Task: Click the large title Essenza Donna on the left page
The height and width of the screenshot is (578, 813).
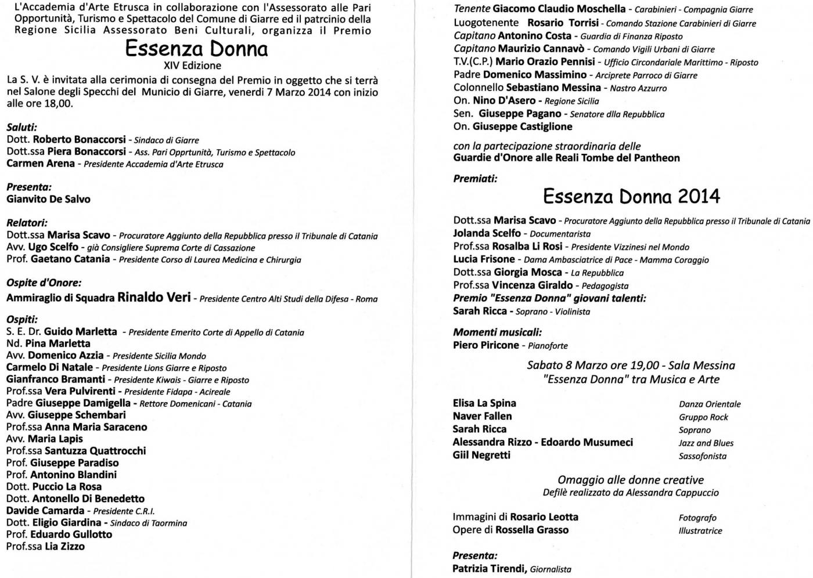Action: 196,49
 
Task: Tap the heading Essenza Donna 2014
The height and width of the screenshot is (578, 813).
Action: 631,197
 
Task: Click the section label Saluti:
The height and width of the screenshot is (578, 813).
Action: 21,127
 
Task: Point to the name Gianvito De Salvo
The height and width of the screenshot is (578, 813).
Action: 48,199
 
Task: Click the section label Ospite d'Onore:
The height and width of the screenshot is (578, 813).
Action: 44,283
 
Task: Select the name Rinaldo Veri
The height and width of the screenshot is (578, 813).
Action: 154,298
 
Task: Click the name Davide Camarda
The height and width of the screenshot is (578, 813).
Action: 45,511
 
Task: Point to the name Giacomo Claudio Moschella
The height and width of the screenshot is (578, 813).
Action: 559,9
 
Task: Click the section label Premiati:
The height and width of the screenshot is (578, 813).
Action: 475,179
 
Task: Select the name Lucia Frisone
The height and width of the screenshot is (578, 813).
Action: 484,259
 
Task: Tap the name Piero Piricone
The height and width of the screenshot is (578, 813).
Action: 485,345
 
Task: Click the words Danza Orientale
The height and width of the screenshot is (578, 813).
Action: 710,404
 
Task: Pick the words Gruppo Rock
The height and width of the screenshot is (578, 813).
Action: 703,417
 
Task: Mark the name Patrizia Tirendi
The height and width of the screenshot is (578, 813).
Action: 489,569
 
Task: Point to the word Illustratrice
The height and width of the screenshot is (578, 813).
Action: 700,530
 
